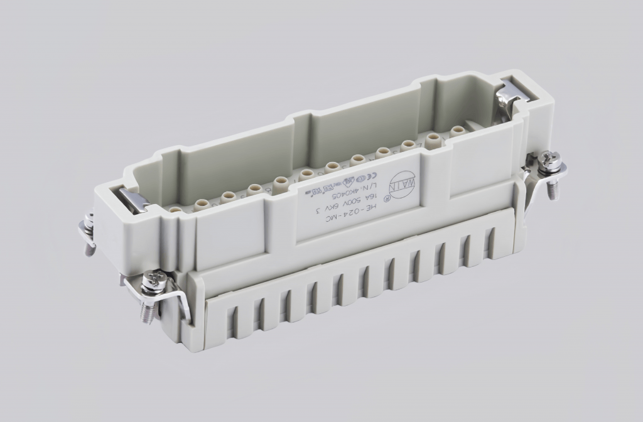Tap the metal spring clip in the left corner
134,198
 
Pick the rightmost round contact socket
458,131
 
